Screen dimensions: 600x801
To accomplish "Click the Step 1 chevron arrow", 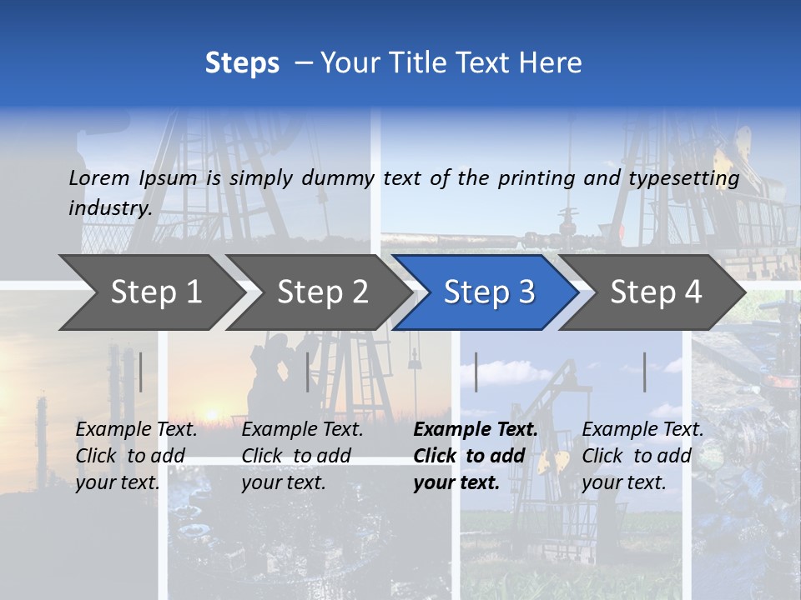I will (150, 292).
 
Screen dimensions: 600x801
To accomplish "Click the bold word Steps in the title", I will (242, 63).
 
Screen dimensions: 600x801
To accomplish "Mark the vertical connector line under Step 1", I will (140, 372).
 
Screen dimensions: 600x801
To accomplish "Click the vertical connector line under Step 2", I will (307, 372).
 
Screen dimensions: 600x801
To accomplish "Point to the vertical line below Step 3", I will (476, 372).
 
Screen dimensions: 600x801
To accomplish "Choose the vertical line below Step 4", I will (644, 372).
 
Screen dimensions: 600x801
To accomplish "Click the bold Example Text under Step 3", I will (476, 430).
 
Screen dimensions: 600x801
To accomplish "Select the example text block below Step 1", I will (136, 456).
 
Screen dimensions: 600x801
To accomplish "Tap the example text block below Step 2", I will (302, 456).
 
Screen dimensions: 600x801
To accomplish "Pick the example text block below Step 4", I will (642, 456).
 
